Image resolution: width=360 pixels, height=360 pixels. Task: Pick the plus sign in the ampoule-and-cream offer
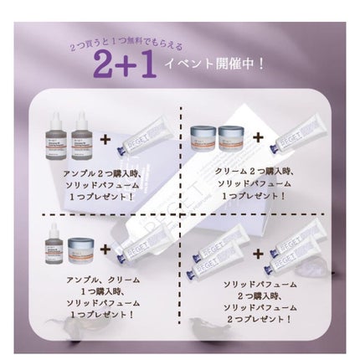[105, 249]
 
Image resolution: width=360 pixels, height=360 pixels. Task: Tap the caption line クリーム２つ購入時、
[254, 171]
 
